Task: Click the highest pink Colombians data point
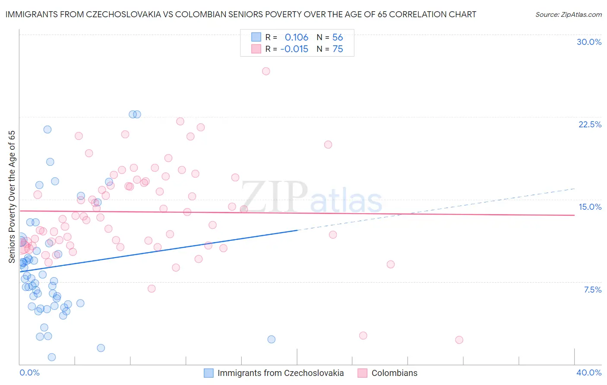266,71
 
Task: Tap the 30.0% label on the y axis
589,42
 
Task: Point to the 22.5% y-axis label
590,124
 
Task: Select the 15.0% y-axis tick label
590,207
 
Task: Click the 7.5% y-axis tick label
592,290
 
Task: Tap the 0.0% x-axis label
29,372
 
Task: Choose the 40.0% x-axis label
589,372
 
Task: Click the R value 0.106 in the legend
296,37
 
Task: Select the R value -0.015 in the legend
294,49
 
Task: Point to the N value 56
338,37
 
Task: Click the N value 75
338,49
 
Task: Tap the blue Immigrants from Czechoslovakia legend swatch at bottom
209,373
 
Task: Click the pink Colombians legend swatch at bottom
362,373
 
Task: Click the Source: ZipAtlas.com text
568,14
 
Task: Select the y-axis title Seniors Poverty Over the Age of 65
12,196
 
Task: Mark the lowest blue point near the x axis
52,357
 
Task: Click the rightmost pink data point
459,340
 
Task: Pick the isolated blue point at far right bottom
271,339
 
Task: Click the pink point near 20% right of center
328,145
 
